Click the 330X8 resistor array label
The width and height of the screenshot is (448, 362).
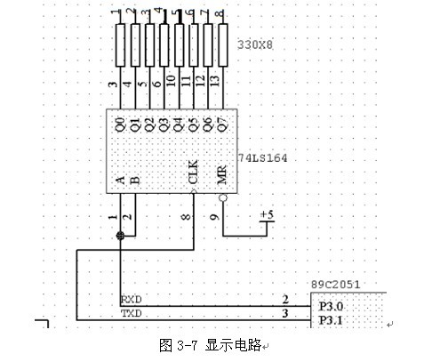[255, 44]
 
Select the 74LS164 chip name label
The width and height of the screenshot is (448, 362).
[263, 157]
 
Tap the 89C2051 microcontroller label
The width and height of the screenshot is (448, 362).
[336, 285]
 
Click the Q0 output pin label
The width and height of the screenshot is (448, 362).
[120, 125]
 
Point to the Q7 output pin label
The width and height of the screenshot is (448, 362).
[223, 125]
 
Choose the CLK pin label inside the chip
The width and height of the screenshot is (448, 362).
[193, 172]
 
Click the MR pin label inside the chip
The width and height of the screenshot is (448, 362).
[222, 174]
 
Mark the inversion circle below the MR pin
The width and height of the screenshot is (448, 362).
[223, 197]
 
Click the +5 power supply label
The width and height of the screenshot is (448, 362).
[267, 214]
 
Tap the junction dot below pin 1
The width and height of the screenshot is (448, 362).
[121, 236]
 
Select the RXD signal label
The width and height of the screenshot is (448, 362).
[132, 300]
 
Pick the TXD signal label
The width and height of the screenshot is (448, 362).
[132, 313]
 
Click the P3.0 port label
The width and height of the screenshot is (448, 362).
[331, 306]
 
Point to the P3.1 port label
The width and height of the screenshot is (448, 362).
[331, 320]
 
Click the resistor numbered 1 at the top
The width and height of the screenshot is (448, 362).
[120, 45]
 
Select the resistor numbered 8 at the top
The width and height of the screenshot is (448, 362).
[223, 45]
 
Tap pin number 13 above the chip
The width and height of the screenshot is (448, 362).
[215, 80]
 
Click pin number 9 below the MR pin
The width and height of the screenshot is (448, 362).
[214, 217]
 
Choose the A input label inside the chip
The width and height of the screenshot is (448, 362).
[121, 180]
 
